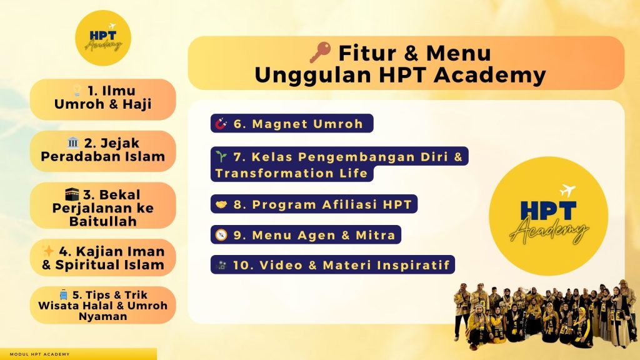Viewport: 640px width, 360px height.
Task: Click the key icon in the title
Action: pyautogui.click(x=320, y=52)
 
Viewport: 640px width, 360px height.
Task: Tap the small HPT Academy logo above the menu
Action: pyautogui.click(x=103, y=38)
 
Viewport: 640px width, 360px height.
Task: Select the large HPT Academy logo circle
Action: pyautogui.click(x=549, y=216)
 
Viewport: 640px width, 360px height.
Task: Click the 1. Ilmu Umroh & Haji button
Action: pyautogui.click(x=103, y=99)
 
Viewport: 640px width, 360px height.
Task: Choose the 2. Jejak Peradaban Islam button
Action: pyautogui.click(x=103, y=151)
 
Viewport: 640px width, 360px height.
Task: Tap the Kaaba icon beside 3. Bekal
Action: pyautogui.click(x=72, y=194)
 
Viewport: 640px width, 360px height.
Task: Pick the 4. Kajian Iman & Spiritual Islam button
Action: pyautogui.click(x=103, y=257)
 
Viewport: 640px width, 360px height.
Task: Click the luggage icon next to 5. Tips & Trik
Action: pyautogui.click(x=64, y=294)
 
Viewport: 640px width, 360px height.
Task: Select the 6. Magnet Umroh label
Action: pyautogui.click(x=292, y=123)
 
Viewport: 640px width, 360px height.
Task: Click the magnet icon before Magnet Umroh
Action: pyautogui.click(x=221, y=123)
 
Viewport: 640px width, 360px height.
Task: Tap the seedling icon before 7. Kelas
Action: pyautogui.click(x=221, y=156)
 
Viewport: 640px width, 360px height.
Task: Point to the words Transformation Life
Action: pyautogui.click(x=291, y=173)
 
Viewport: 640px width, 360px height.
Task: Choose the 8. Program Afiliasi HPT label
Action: pyautogui.click(x=314, y=204)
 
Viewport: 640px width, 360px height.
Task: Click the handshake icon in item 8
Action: pyautogui.click(x=221, y=204)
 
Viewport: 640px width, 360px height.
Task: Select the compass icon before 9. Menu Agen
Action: pyautogui.click(x=221, y=235)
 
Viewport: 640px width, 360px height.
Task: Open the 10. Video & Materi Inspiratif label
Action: pyautogui.click(x=332, y=265)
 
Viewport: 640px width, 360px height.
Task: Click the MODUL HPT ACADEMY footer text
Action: pyautogui.click(x=39, y=354)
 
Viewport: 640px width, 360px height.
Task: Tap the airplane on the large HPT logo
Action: pyautogui.click(x=567, y=190)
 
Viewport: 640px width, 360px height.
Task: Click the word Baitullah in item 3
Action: pyautogui.click(x=103, y=221)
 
